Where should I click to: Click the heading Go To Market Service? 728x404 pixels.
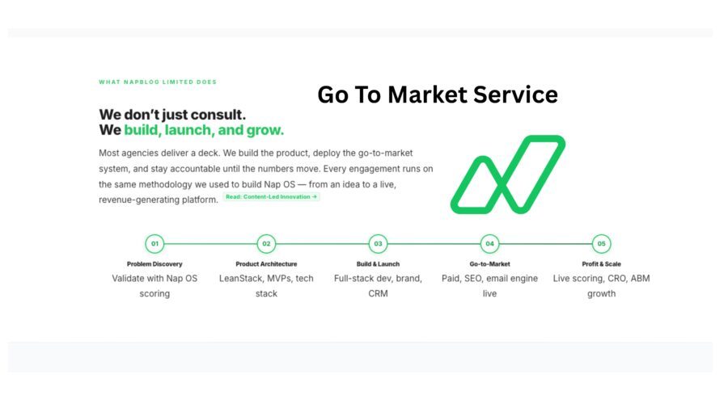pos(437,95)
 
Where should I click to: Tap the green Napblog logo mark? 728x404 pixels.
pos(507,175)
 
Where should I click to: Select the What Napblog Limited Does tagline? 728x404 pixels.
pos(157,82)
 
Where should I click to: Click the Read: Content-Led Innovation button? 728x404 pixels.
pos(271,196)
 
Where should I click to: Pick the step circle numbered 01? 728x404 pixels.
pos(154,243)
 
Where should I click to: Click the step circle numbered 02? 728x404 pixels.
pos(266,243)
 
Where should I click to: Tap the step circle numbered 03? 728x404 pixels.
pos(378,243)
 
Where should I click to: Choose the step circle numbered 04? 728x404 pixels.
pos(489,243)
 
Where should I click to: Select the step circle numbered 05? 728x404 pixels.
pos(601,243)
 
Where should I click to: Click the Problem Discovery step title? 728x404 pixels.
pos(154,264)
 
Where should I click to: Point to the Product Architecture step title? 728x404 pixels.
pos(266,264)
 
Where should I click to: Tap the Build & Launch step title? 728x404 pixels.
pos(378,264)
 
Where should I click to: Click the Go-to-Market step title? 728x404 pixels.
pos(489,264)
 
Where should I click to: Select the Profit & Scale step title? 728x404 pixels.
pos(601,264)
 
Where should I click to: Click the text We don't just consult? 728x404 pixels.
pos(172,115)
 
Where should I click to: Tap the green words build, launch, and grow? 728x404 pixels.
pos(204,130)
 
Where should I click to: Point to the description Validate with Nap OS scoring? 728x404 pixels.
pos(154,285)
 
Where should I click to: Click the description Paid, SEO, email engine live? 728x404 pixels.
pos(489,285)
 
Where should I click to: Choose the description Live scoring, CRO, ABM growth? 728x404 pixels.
pos(601,285)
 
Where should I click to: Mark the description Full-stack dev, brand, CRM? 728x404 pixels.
pos(378,285)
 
